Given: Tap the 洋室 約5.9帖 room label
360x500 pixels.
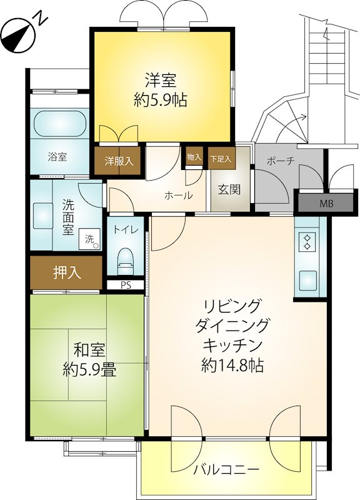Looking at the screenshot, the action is [161, 90].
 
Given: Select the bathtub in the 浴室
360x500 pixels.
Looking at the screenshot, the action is [59, 125].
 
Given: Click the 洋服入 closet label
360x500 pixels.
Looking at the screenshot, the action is [119, 161].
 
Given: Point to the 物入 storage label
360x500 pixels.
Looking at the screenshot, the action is [194, 157].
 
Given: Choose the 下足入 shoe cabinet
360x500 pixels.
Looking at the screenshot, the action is [221, 158].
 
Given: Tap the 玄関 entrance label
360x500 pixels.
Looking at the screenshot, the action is [229, 190].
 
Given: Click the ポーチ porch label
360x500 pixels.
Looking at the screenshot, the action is [281, 161].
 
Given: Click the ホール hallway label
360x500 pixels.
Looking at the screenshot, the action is [179, 196].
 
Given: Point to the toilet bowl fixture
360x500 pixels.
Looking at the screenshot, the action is [126, 261].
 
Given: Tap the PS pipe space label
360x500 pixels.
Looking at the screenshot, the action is [126, 286].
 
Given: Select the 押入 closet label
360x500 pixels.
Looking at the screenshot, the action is [67, 272].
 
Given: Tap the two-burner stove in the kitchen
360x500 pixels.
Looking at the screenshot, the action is [307, 242].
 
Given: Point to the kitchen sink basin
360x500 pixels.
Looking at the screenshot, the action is [307, 280].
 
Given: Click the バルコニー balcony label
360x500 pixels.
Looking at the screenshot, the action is [226, 469].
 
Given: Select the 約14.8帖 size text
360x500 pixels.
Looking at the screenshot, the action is [232, 366].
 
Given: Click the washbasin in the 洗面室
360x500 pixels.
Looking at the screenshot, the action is [42, 216].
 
